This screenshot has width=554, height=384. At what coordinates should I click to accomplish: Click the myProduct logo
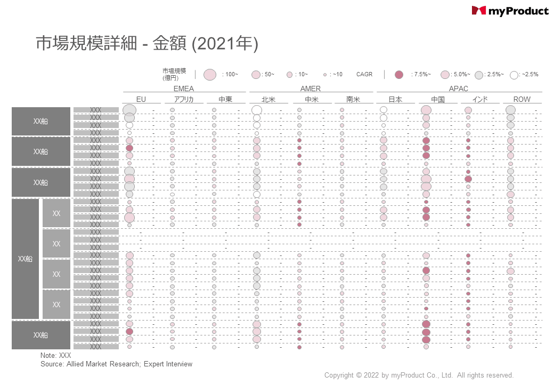510,11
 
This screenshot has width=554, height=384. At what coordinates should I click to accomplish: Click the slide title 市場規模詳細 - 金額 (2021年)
147,44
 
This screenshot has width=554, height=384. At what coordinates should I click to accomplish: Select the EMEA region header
184,89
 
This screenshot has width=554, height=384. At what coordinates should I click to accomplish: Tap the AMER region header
311,89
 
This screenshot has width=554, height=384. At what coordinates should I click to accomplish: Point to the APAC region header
459,89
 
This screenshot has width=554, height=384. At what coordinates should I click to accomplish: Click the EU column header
141,99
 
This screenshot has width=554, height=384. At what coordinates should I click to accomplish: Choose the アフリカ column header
183,99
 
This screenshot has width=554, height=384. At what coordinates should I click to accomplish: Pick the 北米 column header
268,99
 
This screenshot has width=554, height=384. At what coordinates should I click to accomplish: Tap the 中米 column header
311,99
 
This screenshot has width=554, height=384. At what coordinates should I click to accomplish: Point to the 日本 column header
395,99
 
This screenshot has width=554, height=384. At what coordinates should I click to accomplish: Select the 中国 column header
437,99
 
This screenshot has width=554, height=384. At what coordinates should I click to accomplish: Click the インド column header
479,99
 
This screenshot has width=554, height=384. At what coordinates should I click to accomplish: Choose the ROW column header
522,99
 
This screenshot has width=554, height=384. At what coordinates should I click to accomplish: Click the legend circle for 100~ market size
210,75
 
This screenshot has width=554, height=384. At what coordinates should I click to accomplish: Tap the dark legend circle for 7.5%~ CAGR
399,75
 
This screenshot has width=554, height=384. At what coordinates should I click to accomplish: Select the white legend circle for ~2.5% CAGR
514,75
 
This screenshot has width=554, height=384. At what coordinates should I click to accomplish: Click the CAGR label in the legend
364,75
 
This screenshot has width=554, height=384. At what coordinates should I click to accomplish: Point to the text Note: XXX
55,355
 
